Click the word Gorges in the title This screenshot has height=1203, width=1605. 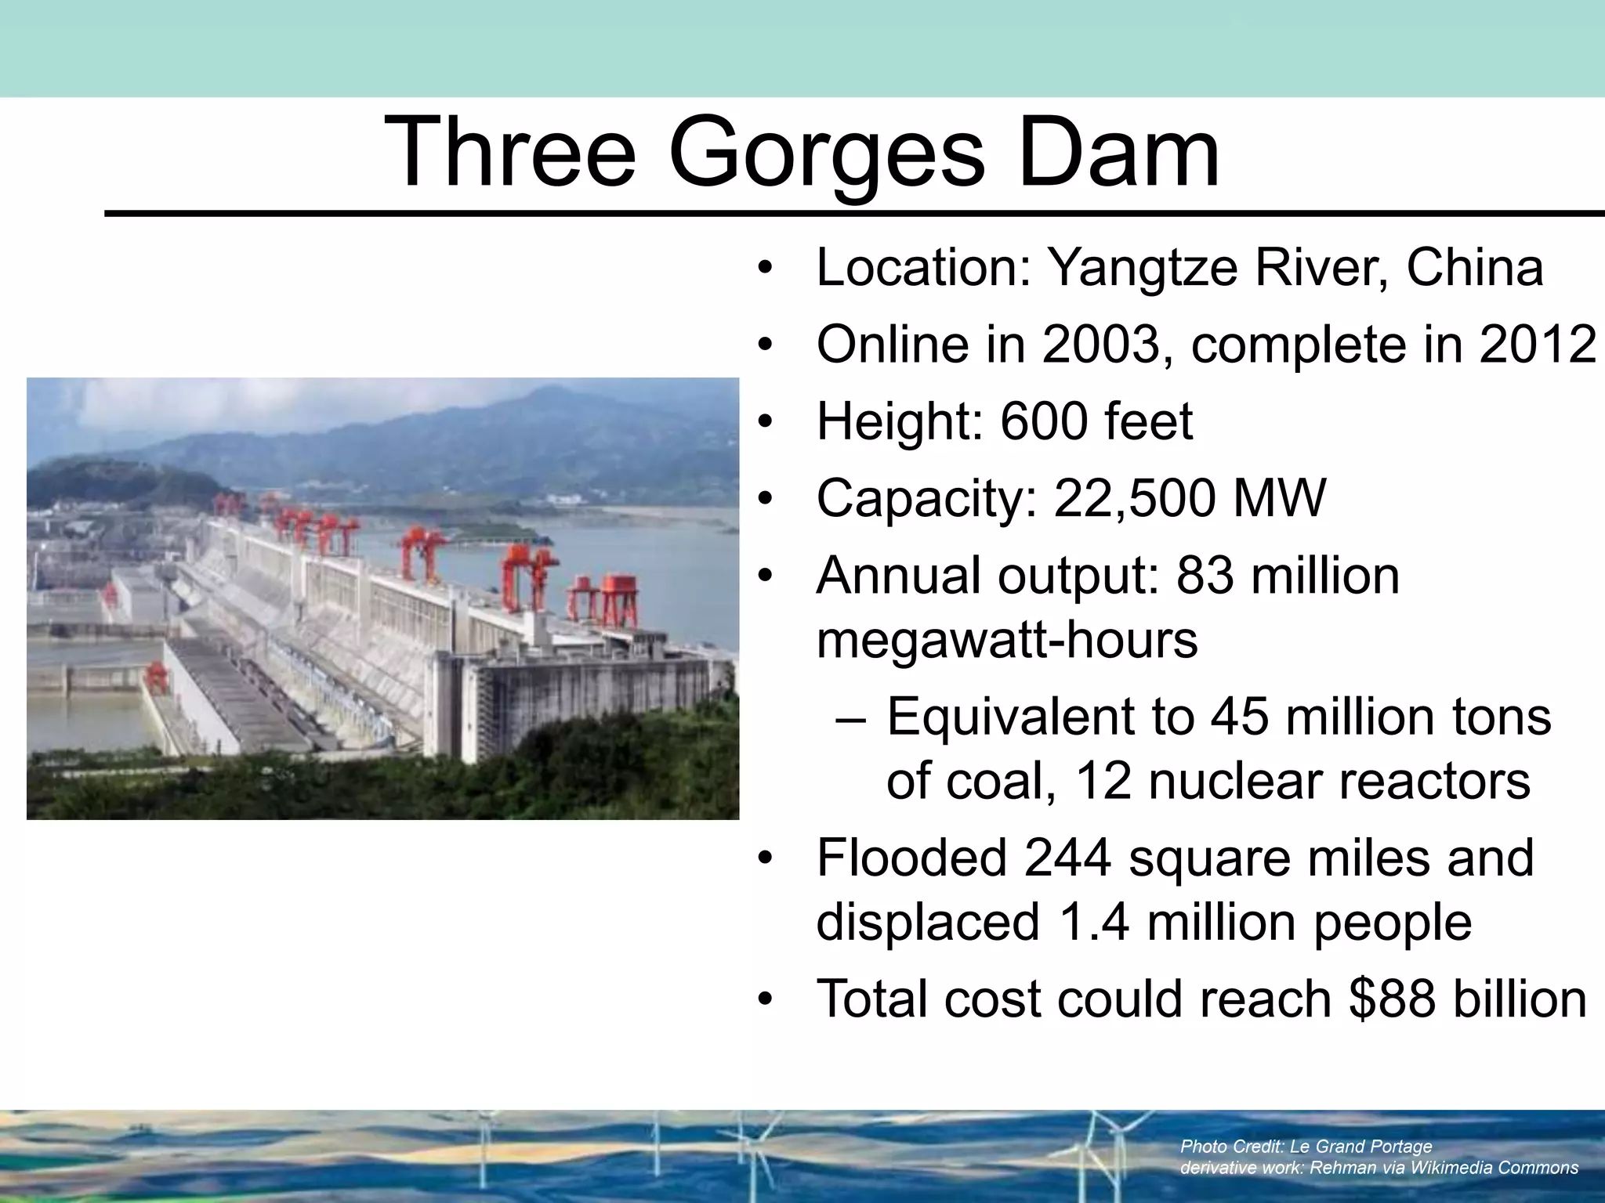pos(825,153)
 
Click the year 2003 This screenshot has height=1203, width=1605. pos(1100,345)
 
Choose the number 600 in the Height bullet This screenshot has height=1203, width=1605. pos(1045,421)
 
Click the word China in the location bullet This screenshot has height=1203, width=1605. pos(1475,269)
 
